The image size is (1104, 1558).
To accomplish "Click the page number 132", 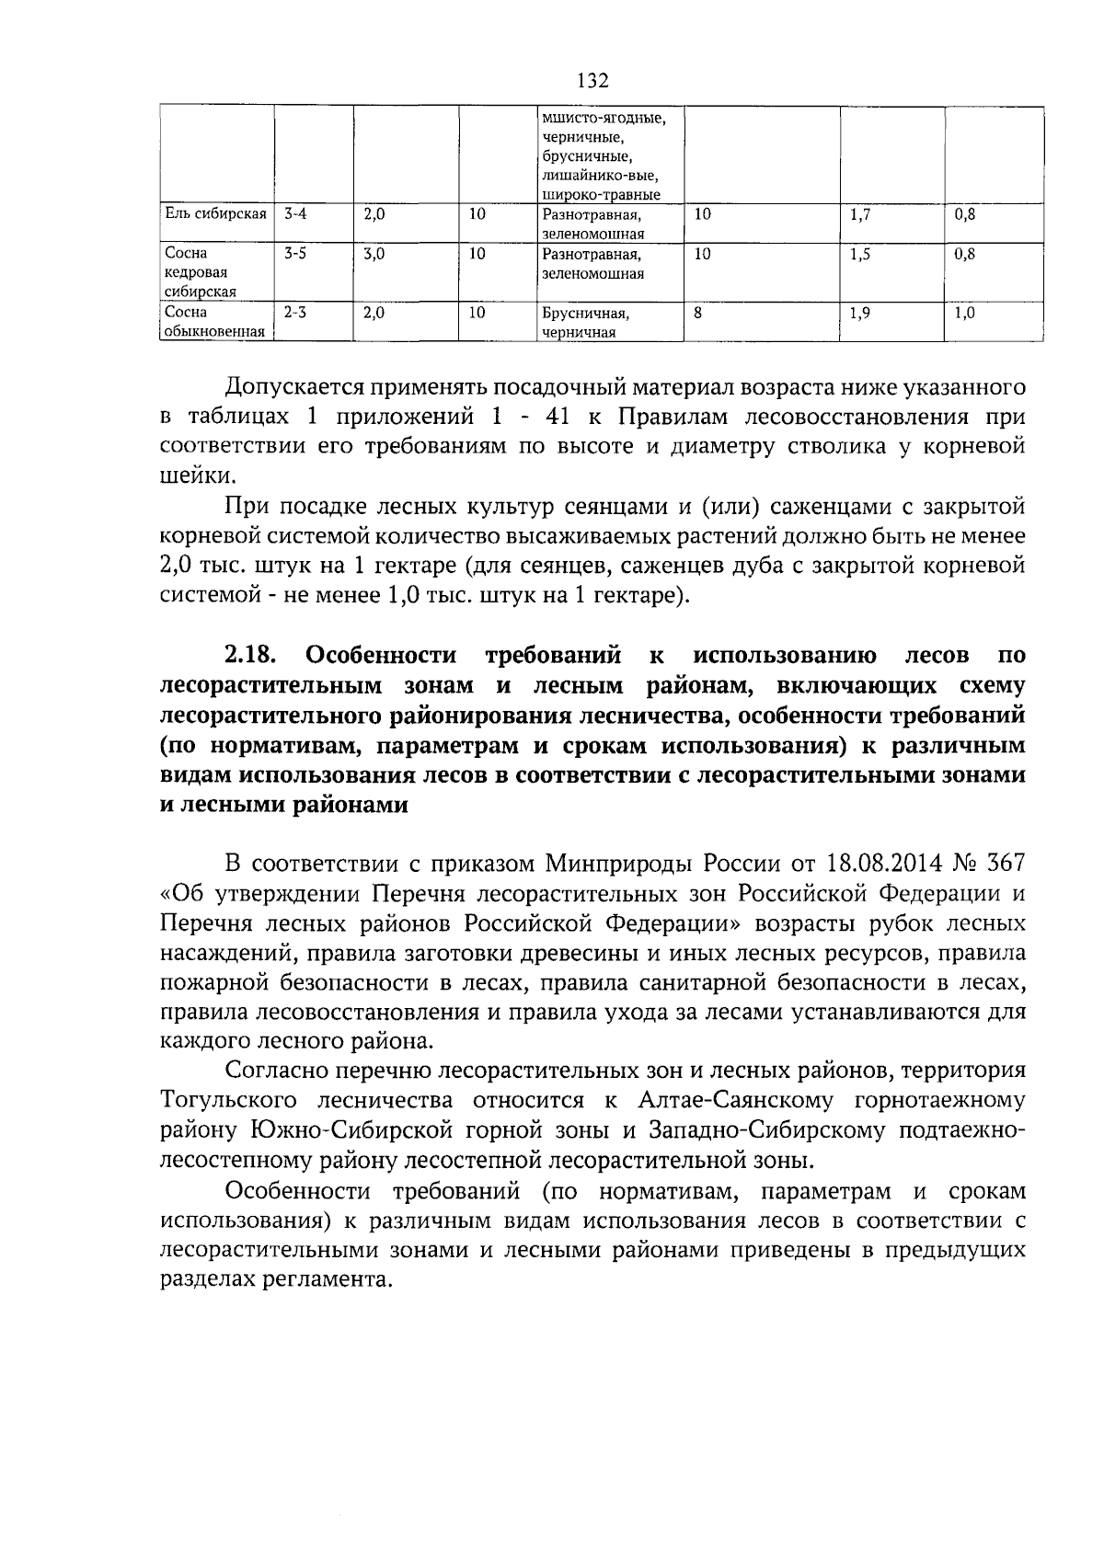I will click(592, 82).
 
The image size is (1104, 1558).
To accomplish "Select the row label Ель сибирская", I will click(214, 214).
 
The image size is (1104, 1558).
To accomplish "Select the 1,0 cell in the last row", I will click(964, 313).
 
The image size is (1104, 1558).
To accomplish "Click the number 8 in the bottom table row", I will click(698, 313).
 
